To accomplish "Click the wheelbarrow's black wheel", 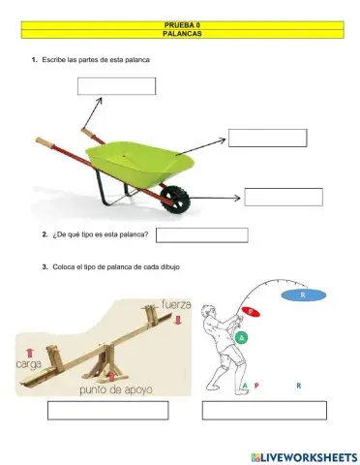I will [x=175, y=199].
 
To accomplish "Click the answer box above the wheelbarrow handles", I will [x=116, y=85].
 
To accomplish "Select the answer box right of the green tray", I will [x=267, y=138].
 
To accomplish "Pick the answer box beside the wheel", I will [x=284, y=197].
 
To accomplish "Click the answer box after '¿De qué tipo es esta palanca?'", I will [x=201, y=234].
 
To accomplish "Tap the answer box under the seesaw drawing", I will [x=108, y=410].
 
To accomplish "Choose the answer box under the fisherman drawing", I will [x=264, y=410].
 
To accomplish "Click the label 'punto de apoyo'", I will [x=118, y=389].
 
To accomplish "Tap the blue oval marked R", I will [x=303, y=294].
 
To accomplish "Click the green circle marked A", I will [x=242, y=337].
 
